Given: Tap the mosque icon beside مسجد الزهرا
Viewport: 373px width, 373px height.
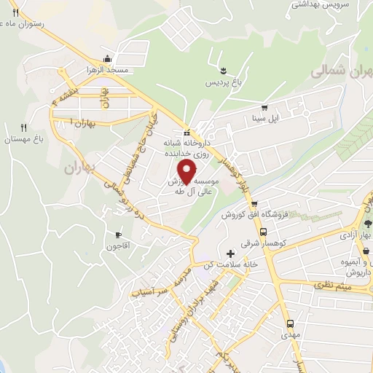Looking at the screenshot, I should coord(108,59).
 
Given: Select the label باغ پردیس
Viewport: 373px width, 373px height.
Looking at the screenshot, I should coord(220,82).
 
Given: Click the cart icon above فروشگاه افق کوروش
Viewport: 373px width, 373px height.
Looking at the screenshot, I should coord(254,205).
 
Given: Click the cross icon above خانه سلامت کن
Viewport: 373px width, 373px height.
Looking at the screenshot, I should coord(231,254).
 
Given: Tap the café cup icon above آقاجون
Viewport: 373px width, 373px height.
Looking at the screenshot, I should coord(119,235).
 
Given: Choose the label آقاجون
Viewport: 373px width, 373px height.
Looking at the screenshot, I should coord(119,246).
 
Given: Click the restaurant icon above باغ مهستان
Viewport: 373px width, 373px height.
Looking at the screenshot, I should coord(24,127).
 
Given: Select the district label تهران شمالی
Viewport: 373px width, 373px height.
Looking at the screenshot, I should coord(341,73).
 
